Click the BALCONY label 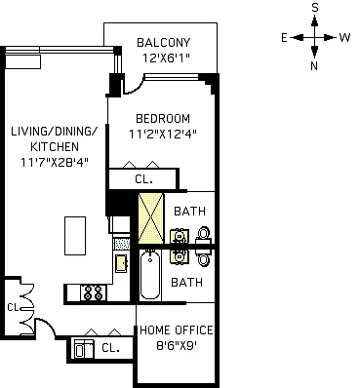163,43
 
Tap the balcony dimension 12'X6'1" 166,58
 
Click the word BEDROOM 163,119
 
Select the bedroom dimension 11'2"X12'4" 163,134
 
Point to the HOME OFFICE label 177,330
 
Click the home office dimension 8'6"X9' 177,346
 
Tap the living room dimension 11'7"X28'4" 55,162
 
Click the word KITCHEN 55,146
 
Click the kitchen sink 122,263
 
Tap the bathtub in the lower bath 150,276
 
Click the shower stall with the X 151,218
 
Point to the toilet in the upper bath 204,235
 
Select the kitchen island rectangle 75,236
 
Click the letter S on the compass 314,8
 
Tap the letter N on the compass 314,66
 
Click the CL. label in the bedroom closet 144,179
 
